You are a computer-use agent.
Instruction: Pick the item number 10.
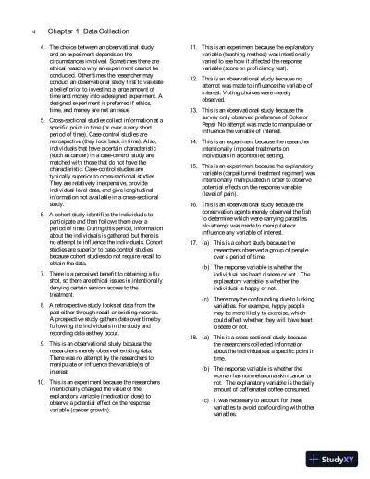click(45, 380)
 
